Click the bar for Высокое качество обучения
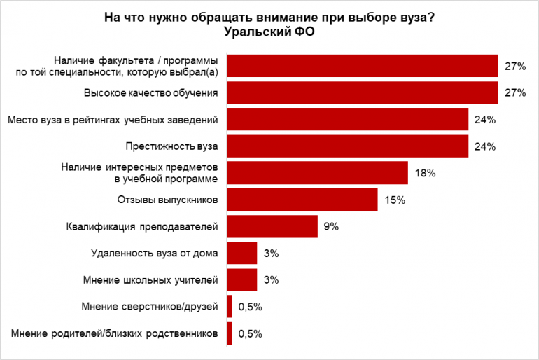pyautogui.click(x=363, y=93)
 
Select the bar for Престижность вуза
pyautogui.click(x=348, y=146)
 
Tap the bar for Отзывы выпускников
pyautogui.click(x=302, y=200)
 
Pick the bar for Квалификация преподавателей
pyautogui.click(x=272, y=226)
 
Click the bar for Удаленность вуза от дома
pyautogui.click(x=242, y=253)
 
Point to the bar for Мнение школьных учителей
pyautogui.click(x=242, y=279)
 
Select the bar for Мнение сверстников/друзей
pyautogui.click(x=230, y=306)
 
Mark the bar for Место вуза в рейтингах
pyautogui.click(x=348, y=120)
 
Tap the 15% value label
pyautogui.click(x=395, y=200)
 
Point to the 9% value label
pyautogui.click(x=331, y=226)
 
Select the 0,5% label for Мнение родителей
pyautogui.click(x=251, y=333)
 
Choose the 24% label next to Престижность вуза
pyautogui.click(x=484, y=146)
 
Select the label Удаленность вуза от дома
pyautogui.click(x=155, y=253)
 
